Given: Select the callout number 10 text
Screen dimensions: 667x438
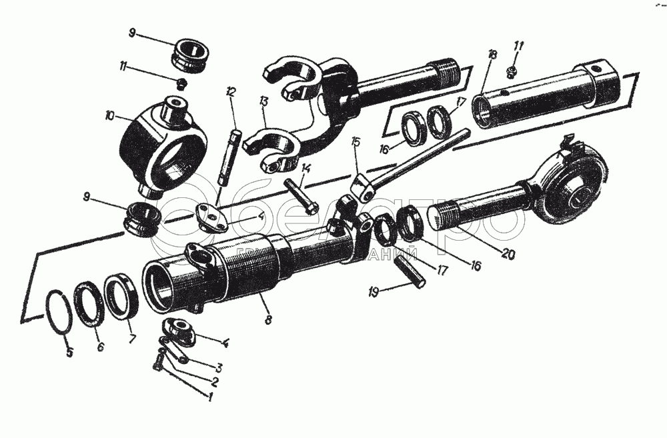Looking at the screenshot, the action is click(109, 115).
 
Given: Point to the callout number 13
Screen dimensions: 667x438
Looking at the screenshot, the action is click(264, 101).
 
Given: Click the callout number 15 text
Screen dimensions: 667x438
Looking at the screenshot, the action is click(356, 141).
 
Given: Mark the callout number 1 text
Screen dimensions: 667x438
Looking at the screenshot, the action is click(211, 399).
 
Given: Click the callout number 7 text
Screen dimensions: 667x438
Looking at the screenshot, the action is click(132, 339).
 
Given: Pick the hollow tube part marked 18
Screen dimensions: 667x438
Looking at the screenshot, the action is click(534, 93).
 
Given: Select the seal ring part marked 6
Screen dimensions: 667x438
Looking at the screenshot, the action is click(89, 305).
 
